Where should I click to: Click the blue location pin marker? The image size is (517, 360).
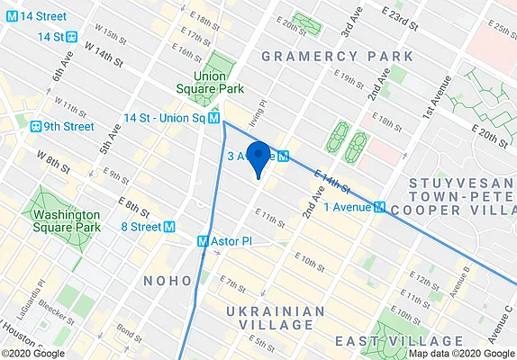[x=258, y=157]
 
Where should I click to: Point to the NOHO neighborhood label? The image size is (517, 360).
[x=168, y=281]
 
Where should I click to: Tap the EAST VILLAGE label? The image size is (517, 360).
[x=398, y=341]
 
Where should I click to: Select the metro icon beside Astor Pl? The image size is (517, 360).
[x=203, y=241]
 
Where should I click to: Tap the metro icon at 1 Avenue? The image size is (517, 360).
[x=380, y=206]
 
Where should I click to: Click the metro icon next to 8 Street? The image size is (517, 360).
[x=168, y=227]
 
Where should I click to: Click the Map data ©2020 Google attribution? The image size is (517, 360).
[x=459, y=353]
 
